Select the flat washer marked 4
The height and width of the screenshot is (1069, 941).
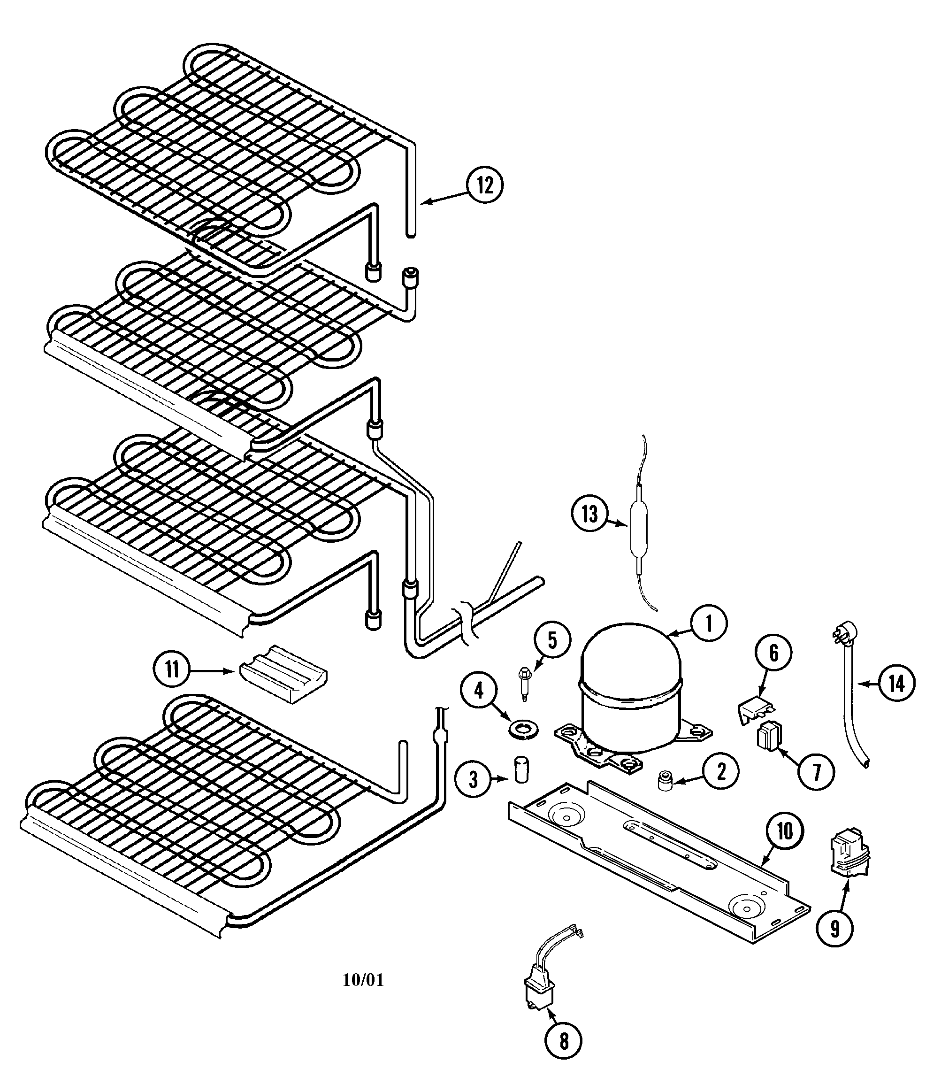tap(524, 729)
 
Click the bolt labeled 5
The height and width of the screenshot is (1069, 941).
tap(524, 683)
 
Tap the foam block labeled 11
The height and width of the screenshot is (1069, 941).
tap(283, 673)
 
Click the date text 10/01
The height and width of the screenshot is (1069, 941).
tap(363, 980)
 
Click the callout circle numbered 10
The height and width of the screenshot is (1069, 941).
tap(785, 831)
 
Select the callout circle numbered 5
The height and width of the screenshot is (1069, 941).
tap(552, 640)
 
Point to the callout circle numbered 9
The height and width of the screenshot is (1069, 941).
tap(834, 928)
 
